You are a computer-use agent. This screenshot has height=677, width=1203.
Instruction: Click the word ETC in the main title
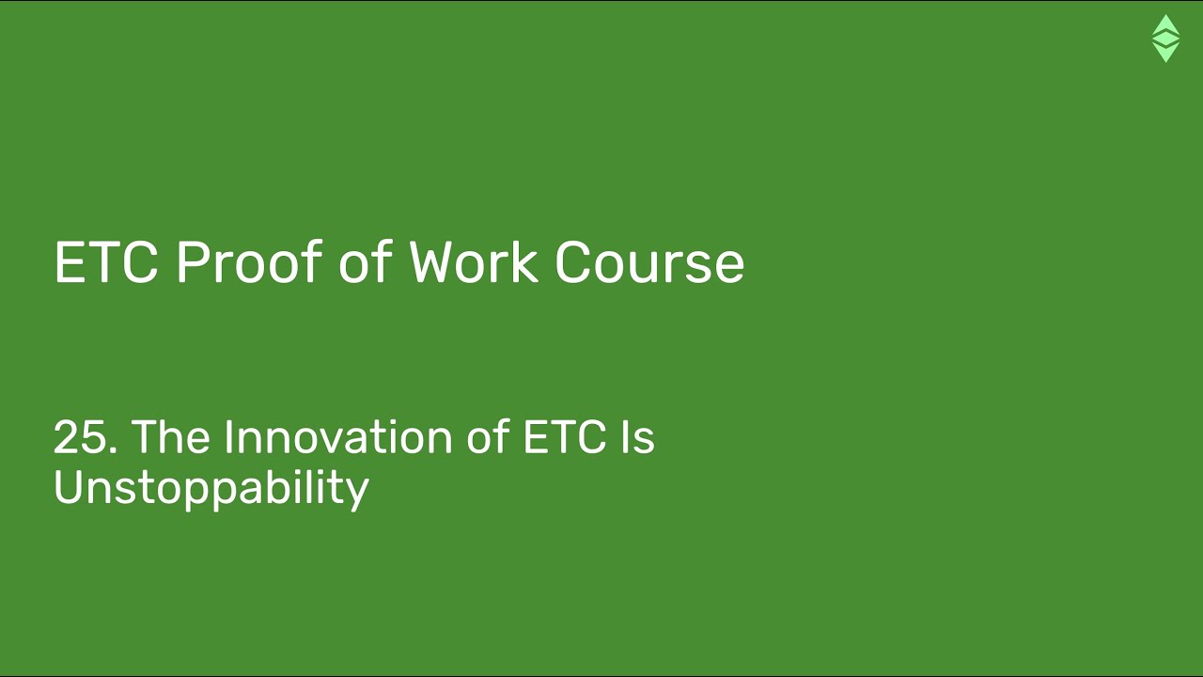coord(106,262)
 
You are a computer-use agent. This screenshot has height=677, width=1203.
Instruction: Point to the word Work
coord(473,262)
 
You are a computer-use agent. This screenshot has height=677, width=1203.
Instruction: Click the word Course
coord(649,262)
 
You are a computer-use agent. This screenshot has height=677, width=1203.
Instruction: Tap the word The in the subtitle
coord(170,437)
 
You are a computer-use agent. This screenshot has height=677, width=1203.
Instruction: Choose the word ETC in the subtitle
coord(564,437)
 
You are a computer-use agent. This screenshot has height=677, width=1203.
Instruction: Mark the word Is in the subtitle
coord(637,437)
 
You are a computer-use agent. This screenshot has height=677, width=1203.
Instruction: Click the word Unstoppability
coord(211,488)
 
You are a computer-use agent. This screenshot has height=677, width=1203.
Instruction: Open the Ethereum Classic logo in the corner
coord(1165,39)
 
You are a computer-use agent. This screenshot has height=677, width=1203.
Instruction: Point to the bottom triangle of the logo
coord(1165,53)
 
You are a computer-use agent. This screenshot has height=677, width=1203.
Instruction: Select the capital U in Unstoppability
coord(69,487)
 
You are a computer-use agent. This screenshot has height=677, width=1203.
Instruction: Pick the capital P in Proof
coord(193,262)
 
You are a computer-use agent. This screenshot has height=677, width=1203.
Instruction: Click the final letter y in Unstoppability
coord(358,492)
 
